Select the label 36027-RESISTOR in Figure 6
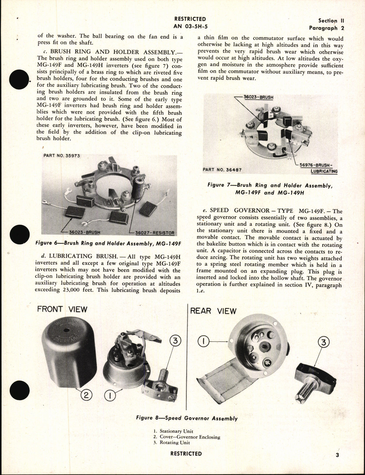pyautogui.click(x=155, y=233)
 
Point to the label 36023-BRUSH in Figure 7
pyautogui.click(x=259, y=97)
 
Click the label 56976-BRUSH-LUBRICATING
pyautogui.click(x=318, y=168)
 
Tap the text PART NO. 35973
pyautogui.click(x=62, y=155)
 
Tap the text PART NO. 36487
pyautogui.click(x=222, y=169)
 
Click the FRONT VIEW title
pyautogui.click(x=62, y=309)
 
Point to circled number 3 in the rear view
pyautogui.click(x=323, y=342)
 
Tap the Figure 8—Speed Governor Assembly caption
pyautogui.click(x=187, y=418)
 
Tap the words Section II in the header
pyautogui.click(x=331, y=21)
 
